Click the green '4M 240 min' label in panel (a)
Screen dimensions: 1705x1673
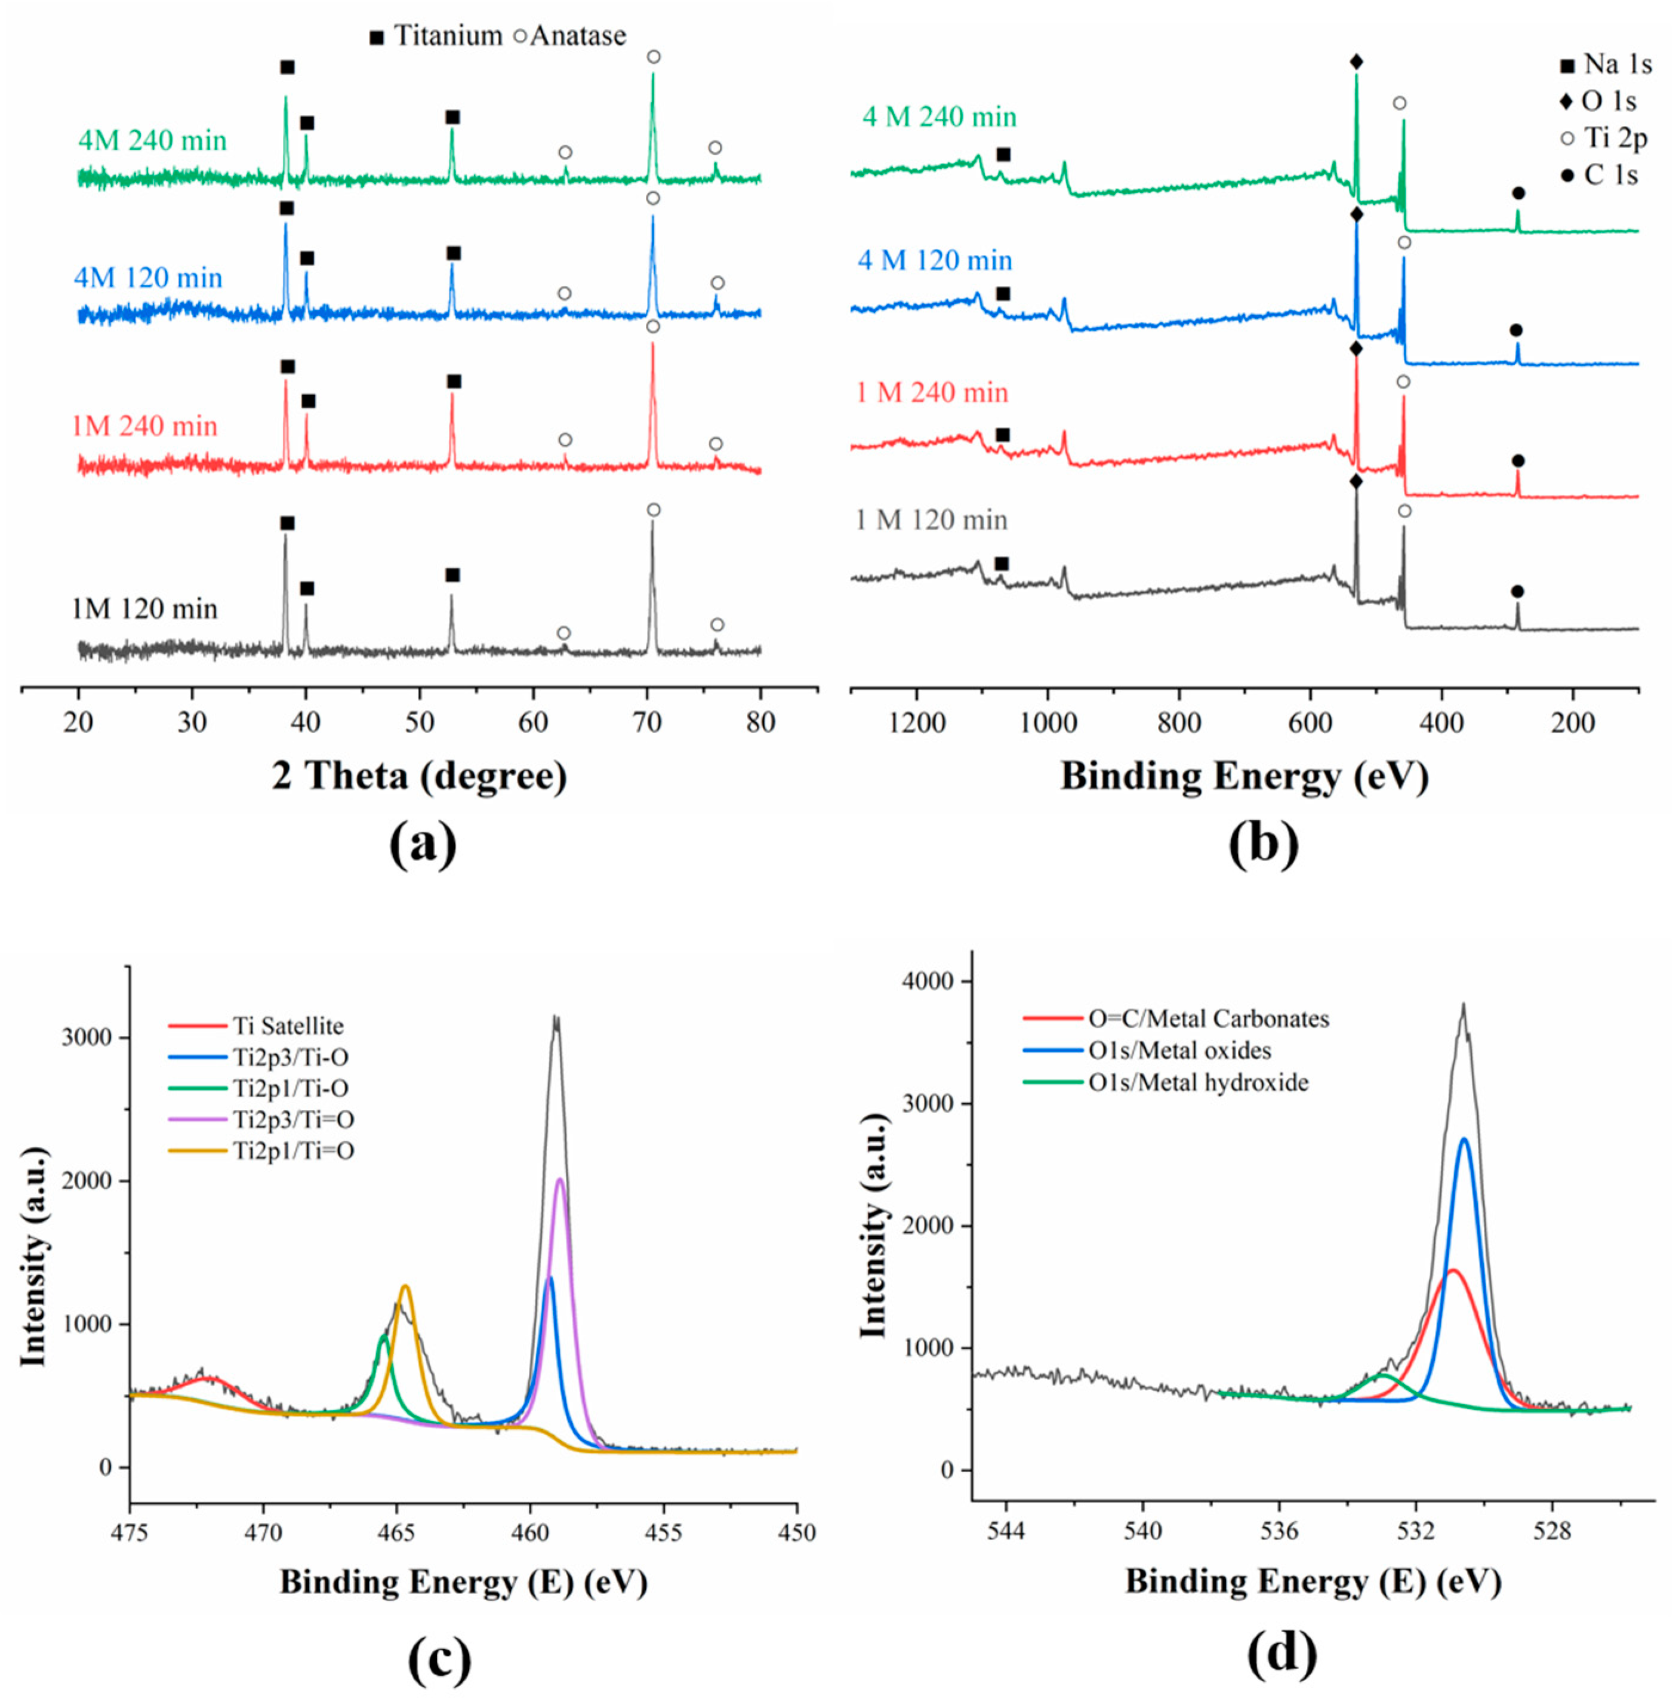coord(152,141)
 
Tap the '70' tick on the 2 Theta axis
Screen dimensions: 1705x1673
coord(648,722)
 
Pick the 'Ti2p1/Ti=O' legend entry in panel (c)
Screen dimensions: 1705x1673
coord(292,1150)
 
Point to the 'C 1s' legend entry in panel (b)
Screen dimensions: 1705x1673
coord(1610,176)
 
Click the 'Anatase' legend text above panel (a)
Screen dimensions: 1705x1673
coord(577,36)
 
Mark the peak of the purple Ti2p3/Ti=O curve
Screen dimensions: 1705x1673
coord(560,1180)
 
